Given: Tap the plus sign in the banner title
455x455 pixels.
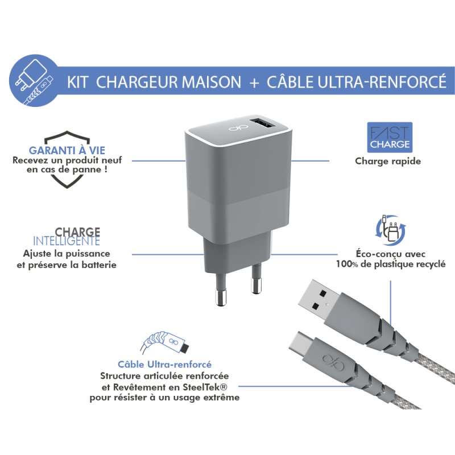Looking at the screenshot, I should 254,82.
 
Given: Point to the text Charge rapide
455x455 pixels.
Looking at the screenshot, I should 387,161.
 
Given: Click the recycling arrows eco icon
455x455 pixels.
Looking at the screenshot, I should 390,231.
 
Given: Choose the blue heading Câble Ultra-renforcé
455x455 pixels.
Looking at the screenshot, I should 164,364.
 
